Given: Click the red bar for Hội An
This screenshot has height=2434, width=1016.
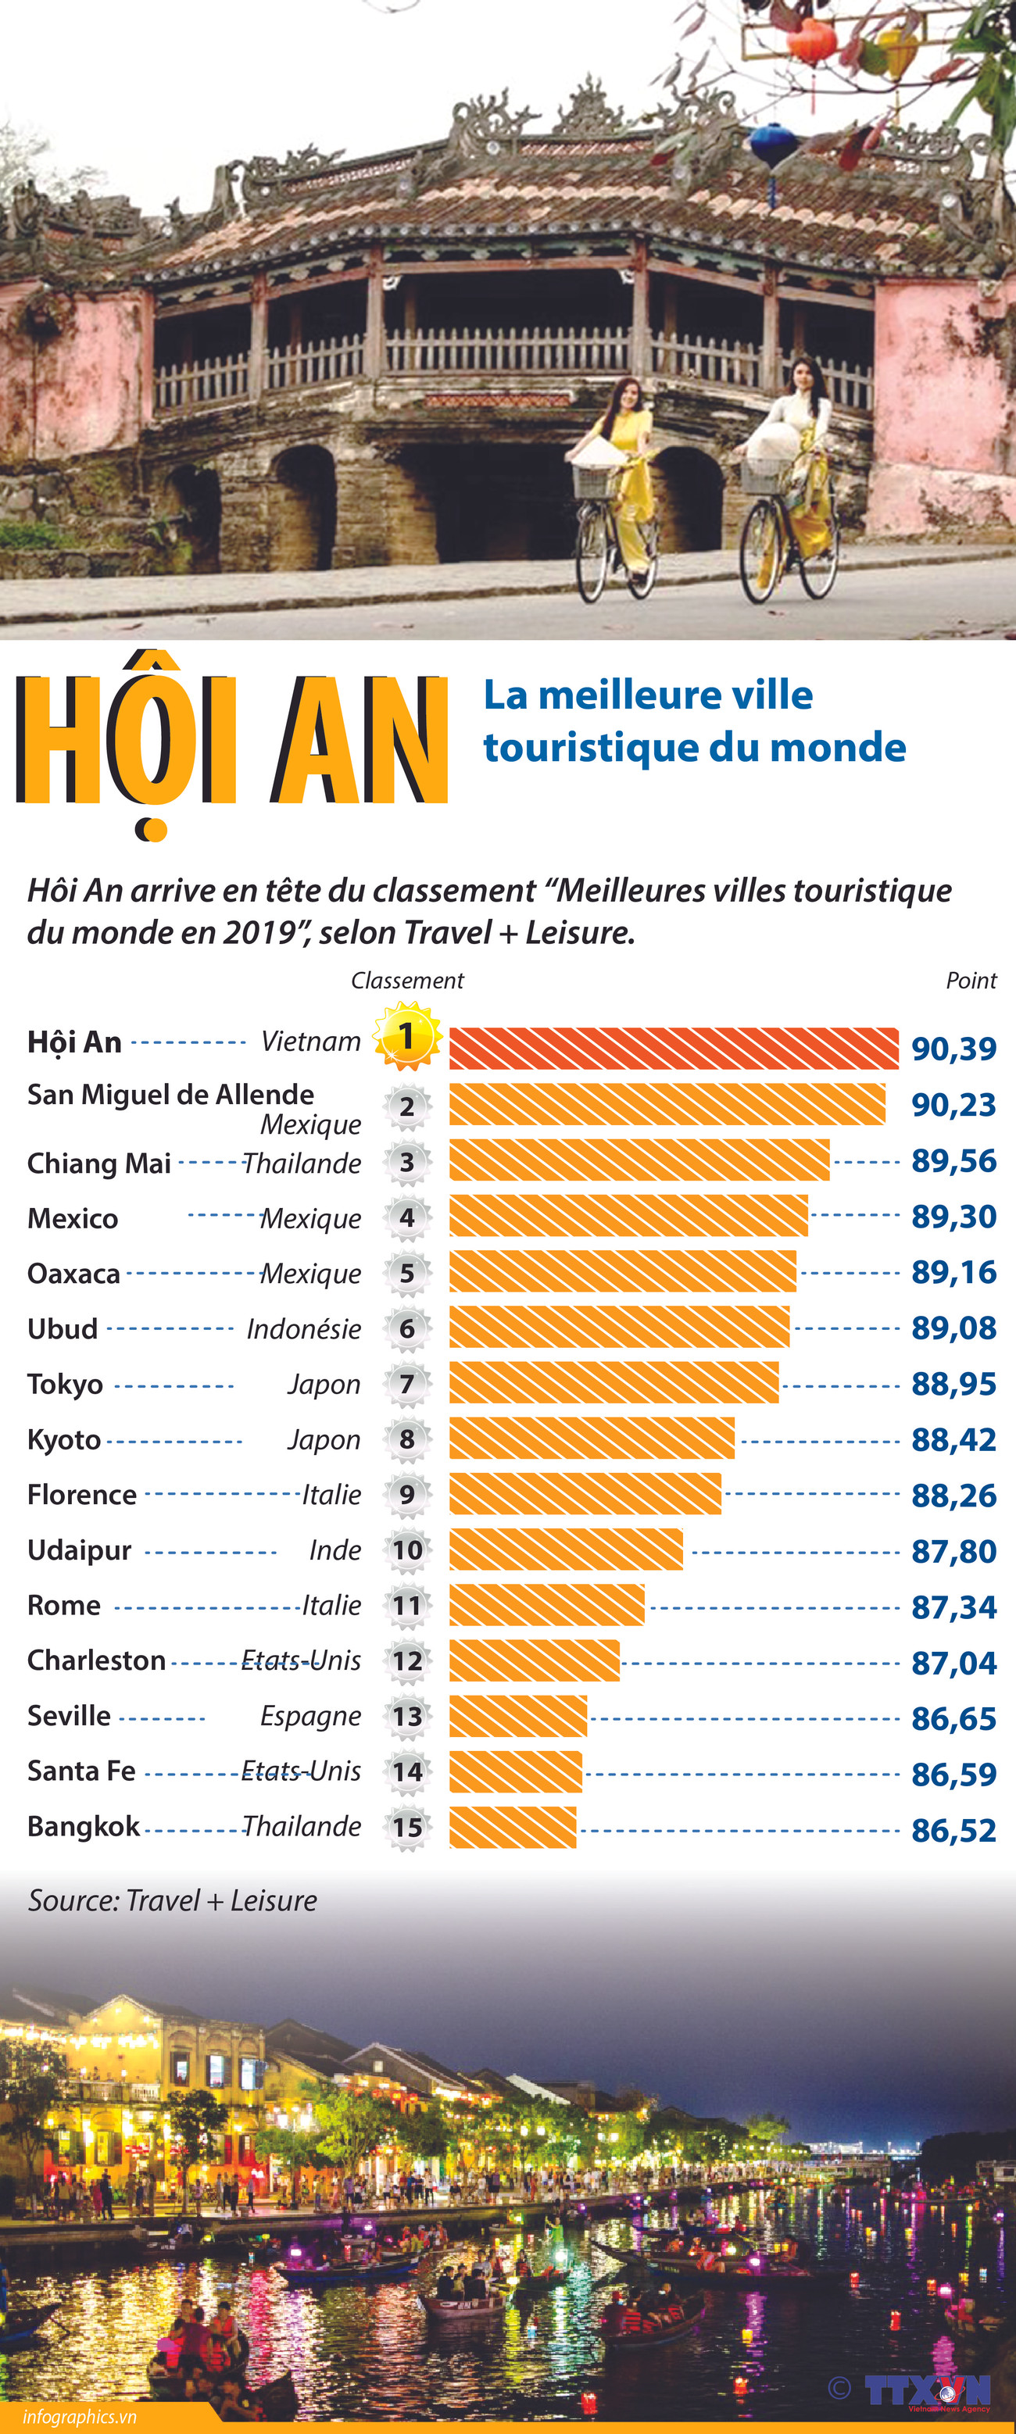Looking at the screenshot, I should point(673,1048).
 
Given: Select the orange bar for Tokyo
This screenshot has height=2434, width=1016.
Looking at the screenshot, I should point(614,1382).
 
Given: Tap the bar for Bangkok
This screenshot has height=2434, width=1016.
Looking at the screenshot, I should point(512,1826).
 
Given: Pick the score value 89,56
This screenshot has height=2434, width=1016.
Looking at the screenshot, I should point(953,1161).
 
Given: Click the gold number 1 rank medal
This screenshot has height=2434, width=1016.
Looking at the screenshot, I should point(407,1037).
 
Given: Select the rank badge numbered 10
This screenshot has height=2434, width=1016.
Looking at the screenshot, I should point(407,1550).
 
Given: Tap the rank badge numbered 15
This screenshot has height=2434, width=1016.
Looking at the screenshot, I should point(407,1828).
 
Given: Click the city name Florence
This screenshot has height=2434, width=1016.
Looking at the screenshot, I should point(82,1495).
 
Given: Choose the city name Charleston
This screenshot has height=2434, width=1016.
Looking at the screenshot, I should point(96,1660).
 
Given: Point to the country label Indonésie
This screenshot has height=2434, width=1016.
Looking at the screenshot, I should point(303,1329).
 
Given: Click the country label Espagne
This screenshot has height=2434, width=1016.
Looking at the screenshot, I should point(310,1716).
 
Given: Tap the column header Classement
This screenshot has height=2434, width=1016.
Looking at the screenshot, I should point(407,981).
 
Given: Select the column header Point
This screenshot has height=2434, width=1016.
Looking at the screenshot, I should point(971,981).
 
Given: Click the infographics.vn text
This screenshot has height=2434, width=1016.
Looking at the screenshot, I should point(80,2416).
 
